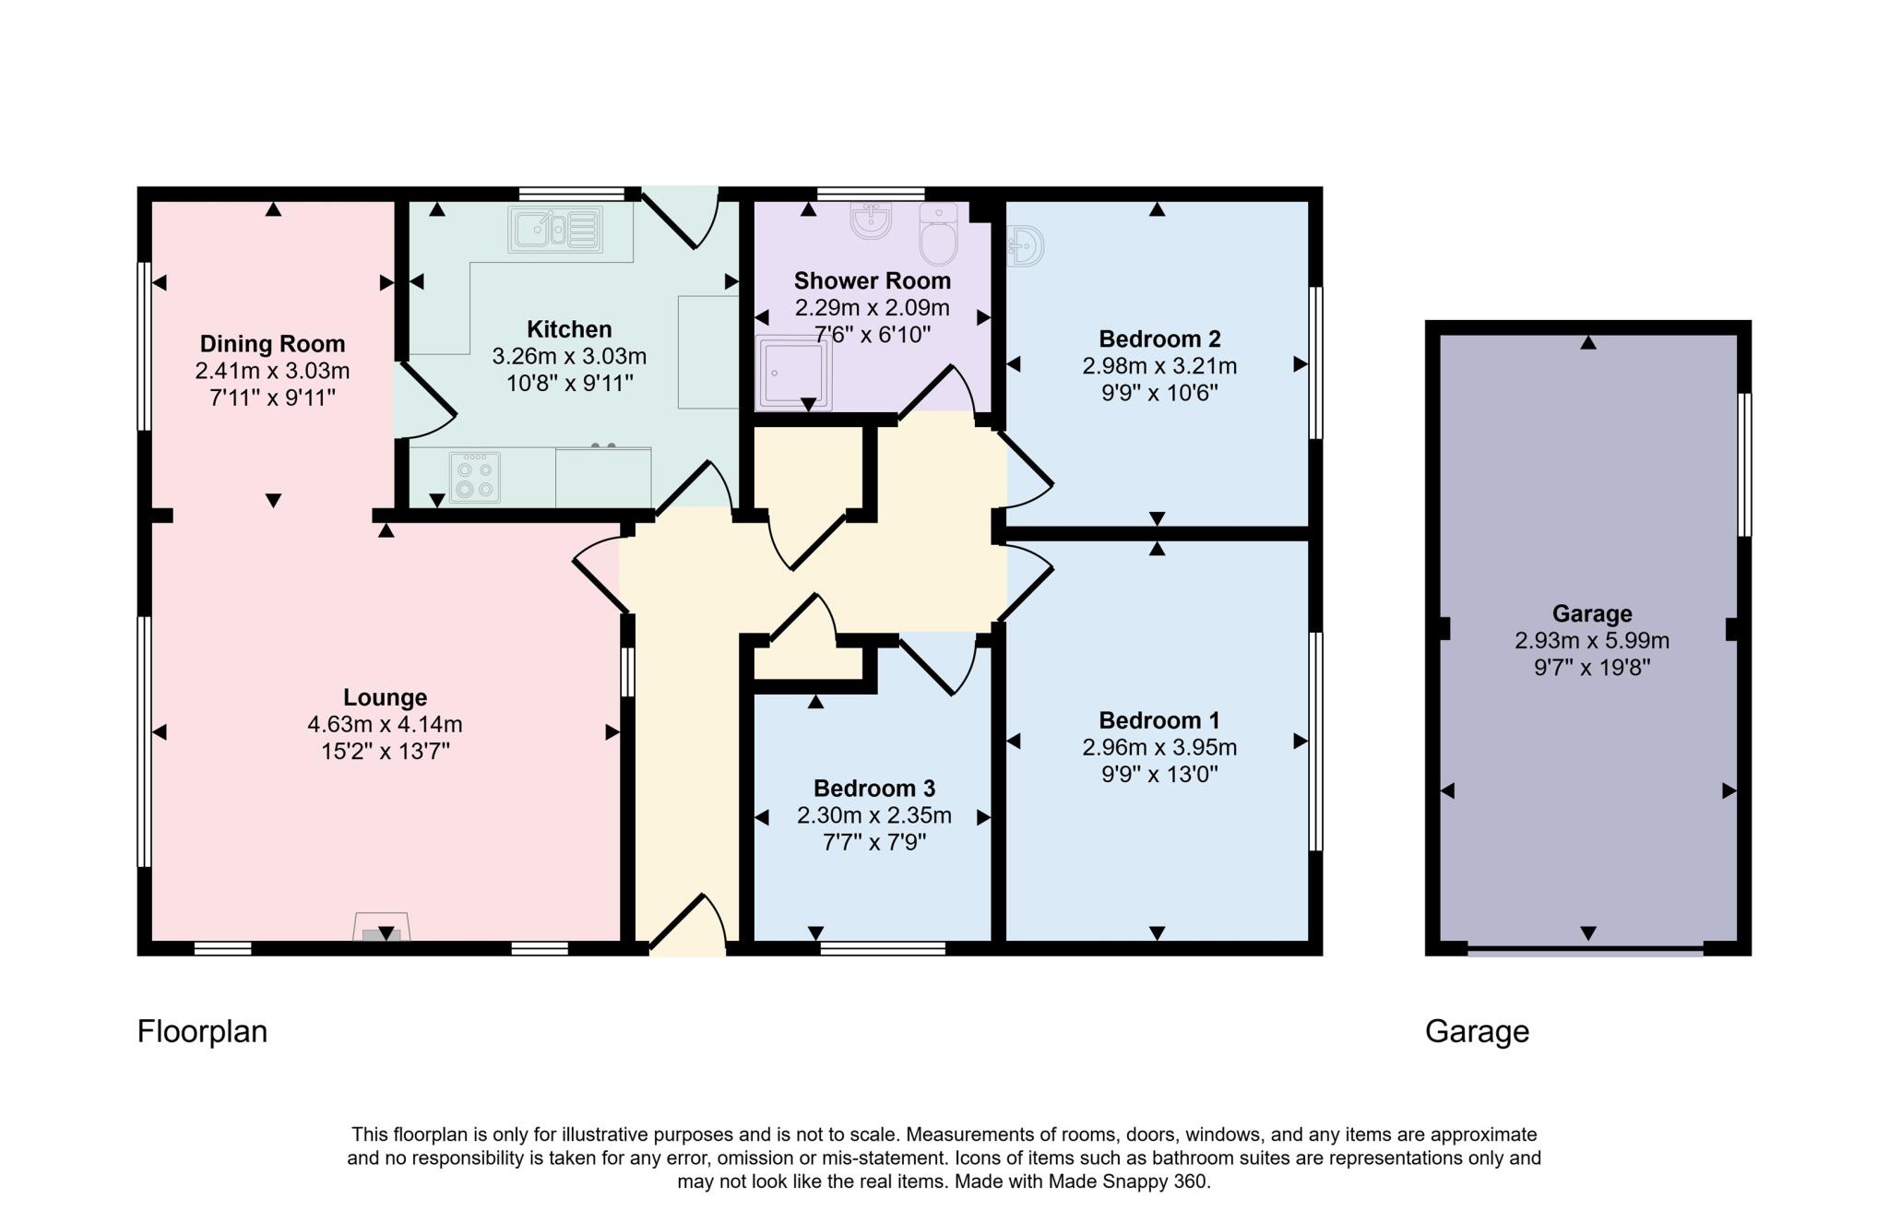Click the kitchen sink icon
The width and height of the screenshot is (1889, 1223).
(x=553, y=229)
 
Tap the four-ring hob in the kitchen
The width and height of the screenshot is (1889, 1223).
(x=475, y=477)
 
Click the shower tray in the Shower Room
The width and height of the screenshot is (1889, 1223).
(x=792, y=373)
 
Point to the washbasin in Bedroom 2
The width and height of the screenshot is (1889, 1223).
(x=1025, y=246)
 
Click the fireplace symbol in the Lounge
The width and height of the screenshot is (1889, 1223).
(x=382, y=928)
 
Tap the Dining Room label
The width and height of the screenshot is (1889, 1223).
(x=272, y=344)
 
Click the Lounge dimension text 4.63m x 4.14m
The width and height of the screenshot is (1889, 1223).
(x=385, y=724)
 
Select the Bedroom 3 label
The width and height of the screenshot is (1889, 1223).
(x=873, y=789)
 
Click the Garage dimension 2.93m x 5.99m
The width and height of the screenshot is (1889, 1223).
(x=1591, y=640)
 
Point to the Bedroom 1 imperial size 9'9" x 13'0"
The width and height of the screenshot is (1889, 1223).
(x=1158, y=774)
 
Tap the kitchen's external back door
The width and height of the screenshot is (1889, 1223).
(x=682, y=218)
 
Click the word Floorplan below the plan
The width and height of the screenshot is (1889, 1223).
(x=202, y=1031)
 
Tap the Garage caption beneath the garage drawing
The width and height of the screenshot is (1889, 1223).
(x=1477, y=1031)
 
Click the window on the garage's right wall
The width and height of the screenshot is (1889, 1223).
(x=1743, y=465)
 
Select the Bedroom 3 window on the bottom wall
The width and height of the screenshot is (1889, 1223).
(x=882, y=947)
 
